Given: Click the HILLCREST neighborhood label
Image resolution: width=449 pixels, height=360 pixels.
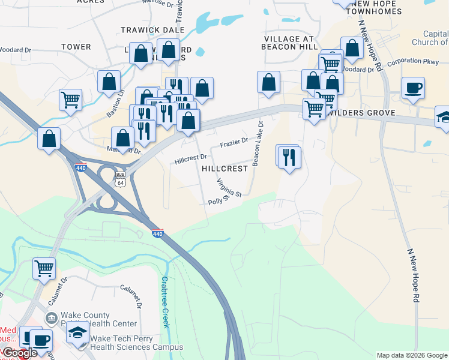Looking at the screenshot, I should click(x=225, y=169).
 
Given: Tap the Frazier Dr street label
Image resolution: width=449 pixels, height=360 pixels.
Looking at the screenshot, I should click(x=234, y=143).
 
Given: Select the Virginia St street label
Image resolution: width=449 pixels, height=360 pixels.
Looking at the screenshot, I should click(x=229, y=188).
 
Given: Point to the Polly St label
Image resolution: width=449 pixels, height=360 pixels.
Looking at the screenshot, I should click(x=218, y=200).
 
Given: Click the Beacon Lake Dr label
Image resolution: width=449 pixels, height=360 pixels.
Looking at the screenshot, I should click(x=259, y=143).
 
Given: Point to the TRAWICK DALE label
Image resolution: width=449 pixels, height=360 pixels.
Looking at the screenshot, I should click(x=148, y=29).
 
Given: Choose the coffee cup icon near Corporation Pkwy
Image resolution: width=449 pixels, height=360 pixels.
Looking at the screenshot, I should click(x=412, y=88).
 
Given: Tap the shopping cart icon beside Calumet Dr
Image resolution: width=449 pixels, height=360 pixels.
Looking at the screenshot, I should click(x=44, y=268).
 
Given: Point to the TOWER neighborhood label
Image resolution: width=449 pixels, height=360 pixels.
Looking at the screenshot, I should click(x=76, y=46).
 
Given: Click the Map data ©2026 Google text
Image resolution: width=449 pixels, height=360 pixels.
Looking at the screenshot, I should click(x=412, y=355).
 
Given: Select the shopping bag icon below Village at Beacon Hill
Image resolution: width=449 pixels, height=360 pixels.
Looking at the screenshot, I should click(x=268, y=82).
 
